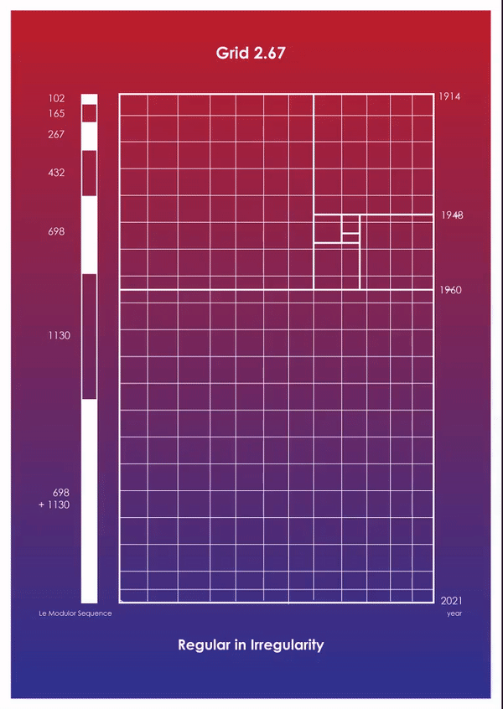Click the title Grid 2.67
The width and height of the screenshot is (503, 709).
(x=251, y=54)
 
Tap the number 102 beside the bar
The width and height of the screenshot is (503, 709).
(x=56, y=99)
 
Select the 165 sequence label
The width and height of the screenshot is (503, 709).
(x=56, y=113)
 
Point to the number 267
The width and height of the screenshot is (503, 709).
(x=56, y=134)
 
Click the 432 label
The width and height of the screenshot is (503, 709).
(x=56, y=173)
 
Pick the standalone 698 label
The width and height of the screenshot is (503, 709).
(x=56, y=232)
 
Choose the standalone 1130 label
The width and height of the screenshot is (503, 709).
(x=59, y=335)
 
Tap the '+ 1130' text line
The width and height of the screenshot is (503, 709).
(x=54, y=505)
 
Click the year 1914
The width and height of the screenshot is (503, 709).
(x=449, y=96)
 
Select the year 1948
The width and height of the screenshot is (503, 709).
(x=452, y=215)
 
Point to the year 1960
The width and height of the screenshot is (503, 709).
(x=451, y=290)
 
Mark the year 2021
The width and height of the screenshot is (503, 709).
(x=451, y=601)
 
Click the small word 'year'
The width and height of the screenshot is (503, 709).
(x=454, y=614)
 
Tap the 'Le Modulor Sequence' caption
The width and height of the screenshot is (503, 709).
(x=75, y=613)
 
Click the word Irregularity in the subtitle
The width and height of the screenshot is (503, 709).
(x=287, y=644)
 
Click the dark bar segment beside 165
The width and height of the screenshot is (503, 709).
(x=89, y=113)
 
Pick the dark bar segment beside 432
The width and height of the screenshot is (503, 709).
(x=89, y=173)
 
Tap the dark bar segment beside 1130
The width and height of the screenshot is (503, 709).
(x=89, y=336)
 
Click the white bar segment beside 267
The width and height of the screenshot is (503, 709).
(x=89, y=137)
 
